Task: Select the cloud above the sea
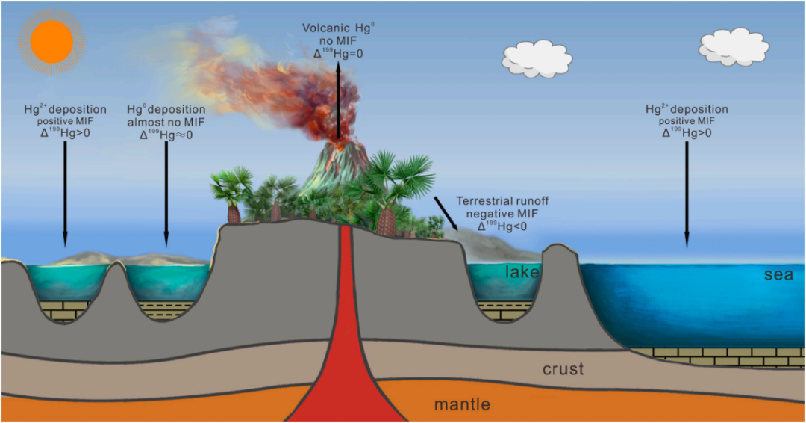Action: point(733,47)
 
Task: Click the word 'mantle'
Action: point(463,405)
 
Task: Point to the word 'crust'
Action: point(563,369)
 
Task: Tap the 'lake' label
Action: point(522,273)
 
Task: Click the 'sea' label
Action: point(777,274)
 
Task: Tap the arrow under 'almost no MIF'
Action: point(166,194)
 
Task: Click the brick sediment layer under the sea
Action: point(716,356)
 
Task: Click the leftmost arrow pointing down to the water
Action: point(65,194)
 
